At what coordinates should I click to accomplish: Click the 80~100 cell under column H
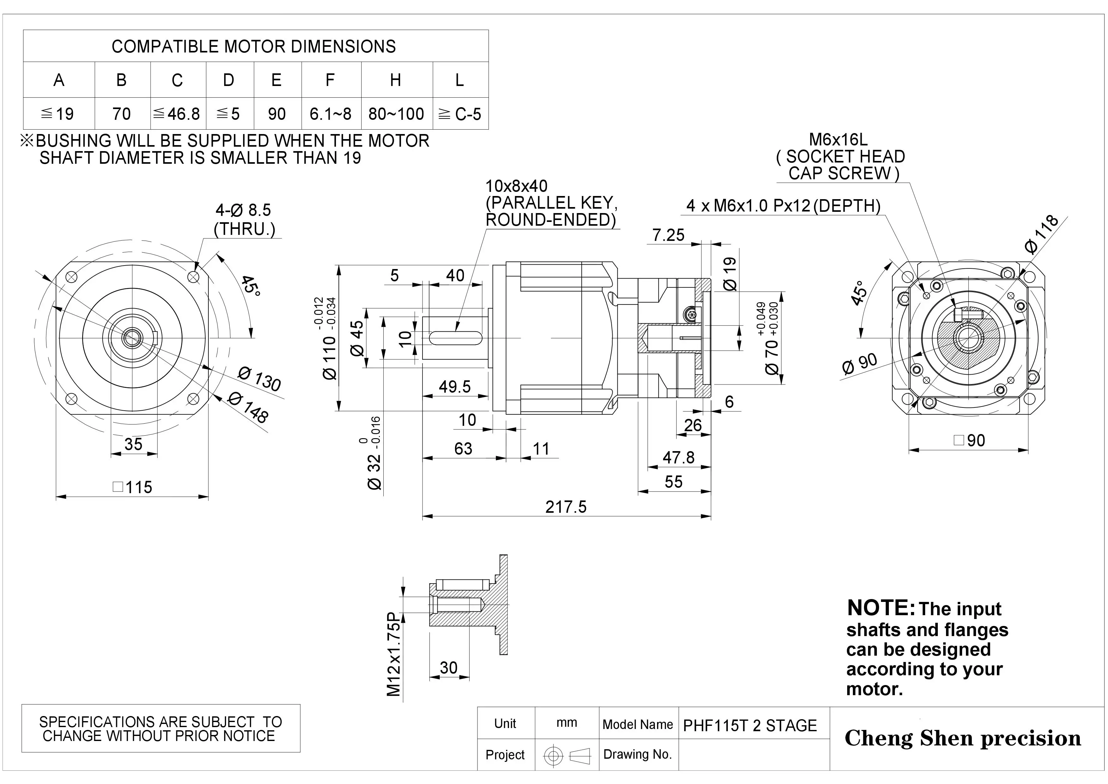[x=396, y=114]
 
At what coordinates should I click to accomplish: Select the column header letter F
[x=330, y=80]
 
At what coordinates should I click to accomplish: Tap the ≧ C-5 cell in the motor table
[x=460, y=114]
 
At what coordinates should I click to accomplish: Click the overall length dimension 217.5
[x=566, y=507]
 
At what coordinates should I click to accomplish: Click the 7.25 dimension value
[x=668, y=235]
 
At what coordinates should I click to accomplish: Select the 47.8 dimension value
[x=679, y=457]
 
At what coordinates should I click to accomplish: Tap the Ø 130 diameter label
[x=260, y=379]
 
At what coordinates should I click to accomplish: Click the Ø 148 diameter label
[x=248, y=407]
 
